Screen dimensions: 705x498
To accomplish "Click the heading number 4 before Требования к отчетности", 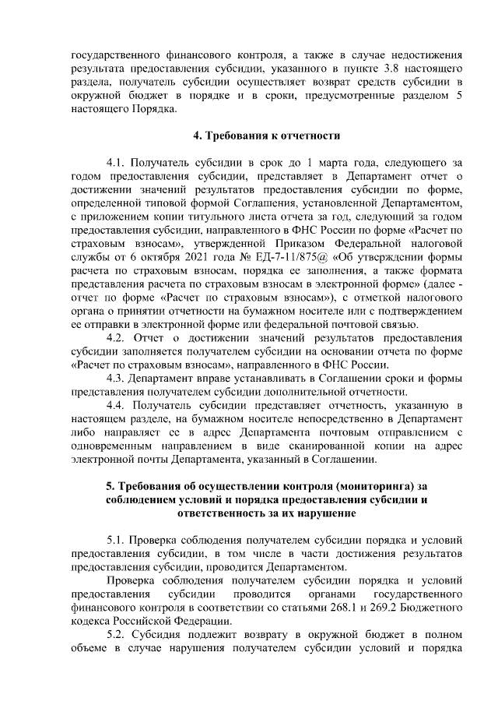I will (x=196, y=136).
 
